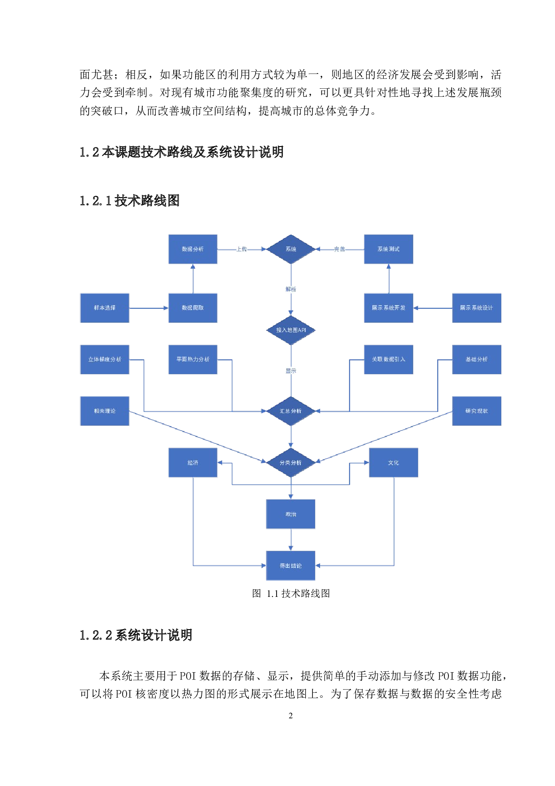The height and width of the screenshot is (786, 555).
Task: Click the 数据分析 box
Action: (193, 249)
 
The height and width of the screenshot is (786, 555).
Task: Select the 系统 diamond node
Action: (291, 249)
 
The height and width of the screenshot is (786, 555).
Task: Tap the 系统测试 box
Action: (388, 249)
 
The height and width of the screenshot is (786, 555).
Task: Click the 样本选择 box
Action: (105, 308)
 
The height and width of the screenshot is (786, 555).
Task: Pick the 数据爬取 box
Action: (193, 308)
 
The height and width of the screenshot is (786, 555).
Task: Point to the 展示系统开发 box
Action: (388, 308)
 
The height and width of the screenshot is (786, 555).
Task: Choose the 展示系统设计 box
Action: (477, 308)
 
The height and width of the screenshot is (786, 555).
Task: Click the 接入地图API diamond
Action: (291, 330)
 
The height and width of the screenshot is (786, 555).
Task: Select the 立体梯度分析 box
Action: (105, 359)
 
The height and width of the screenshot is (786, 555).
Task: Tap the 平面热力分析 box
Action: (193, 359)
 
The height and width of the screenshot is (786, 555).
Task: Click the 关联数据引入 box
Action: (388, 359)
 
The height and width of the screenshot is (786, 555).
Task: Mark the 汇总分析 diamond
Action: (291, 411)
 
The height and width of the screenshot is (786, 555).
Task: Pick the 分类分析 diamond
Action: (291, 462)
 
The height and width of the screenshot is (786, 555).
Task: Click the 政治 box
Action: (291, 514)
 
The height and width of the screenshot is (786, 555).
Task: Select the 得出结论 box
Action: (291, 566)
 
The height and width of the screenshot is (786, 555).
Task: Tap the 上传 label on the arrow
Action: (242, 249)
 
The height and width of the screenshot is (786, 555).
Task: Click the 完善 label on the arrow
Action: (340, 249)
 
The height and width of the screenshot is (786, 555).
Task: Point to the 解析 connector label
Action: (291, 289)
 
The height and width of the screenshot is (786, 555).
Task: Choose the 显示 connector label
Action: (291, 371)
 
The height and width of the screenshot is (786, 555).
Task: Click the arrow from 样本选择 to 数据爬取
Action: (149, 308)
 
